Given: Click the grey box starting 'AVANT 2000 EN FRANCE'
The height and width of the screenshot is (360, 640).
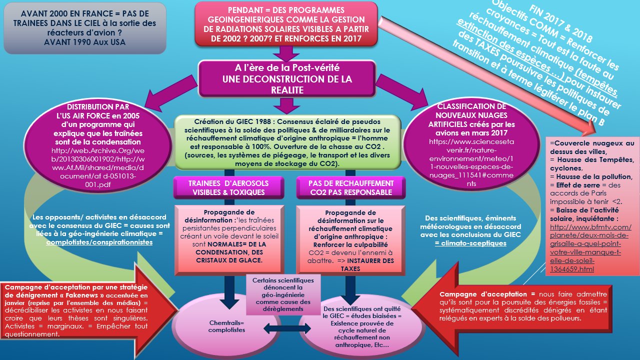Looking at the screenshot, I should click(x=83, y=28).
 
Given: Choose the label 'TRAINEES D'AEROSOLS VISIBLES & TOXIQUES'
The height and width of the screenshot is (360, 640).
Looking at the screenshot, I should click(x=228, y=187).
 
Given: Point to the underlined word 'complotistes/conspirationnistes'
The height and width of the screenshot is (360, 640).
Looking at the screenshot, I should click(x=99, y=242).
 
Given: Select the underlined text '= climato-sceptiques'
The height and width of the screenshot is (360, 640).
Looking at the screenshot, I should click(x=470, y=243).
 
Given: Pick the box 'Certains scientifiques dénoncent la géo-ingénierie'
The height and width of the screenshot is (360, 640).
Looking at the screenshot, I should click(x=283, y=294).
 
